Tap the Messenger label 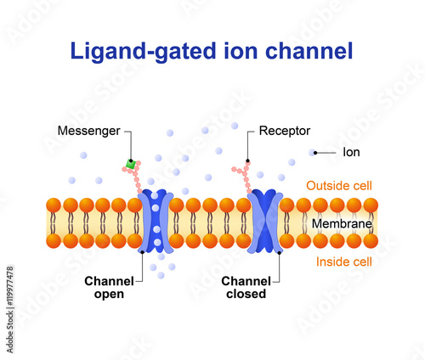point(88,131)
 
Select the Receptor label point(284,131)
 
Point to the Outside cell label point(339,185)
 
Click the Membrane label point(340,222)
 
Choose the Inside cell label point(345,262)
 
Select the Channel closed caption point(244,287)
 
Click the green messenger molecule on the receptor point(130,163)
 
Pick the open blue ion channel point(156,222)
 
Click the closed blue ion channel point(264,222)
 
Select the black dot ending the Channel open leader point(141,252)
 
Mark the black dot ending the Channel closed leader point(280,252)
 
